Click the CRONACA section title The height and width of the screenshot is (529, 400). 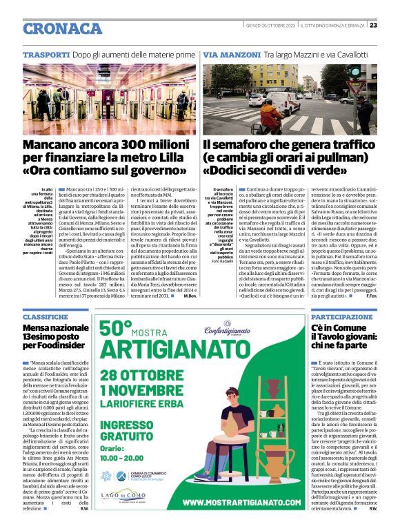coord(62,28)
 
